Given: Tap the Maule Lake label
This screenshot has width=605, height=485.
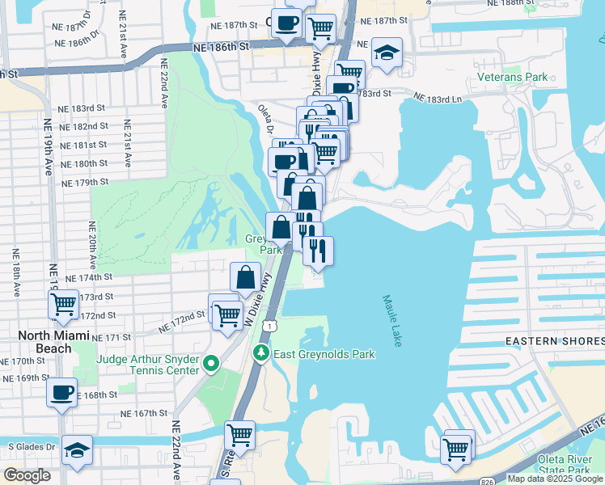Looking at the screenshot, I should (x=391, y=321).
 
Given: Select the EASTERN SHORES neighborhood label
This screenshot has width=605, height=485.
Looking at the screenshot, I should (x=555, y=342).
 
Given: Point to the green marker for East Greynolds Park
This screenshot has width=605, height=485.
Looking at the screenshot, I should (x=260, y=352).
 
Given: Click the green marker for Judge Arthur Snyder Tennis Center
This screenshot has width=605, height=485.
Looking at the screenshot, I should (x=212, y=364).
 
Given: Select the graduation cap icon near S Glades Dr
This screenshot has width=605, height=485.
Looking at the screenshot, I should (x=77, y=450).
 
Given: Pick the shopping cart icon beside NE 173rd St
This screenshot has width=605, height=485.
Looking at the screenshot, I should (x=63, y=306).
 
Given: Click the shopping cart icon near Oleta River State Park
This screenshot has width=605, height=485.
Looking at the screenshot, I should (x=456, y=447).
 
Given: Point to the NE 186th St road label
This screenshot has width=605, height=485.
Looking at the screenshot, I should (x=219, y=48).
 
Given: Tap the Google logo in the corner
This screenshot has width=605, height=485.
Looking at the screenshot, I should (x=27, y=475).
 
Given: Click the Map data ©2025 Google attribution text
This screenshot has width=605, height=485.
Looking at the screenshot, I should (x=554, y=479).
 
